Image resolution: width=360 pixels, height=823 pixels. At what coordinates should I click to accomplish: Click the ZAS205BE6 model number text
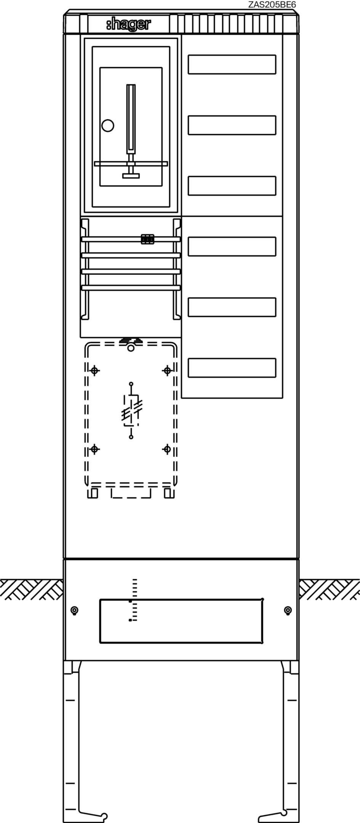point(272,4)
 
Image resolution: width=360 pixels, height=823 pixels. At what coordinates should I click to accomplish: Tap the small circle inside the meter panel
point(108,125)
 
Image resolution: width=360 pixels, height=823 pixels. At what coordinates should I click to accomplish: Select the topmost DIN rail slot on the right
point(232,64)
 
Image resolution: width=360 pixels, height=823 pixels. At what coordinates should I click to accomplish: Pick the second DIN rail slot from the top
point(232,125)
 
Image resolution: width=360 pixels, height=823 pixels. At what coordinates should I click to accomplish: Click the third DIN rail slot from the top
point(232,186)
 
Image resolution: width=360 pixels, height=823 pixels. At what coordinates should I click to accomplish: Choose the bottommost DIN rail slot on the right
point(232,368)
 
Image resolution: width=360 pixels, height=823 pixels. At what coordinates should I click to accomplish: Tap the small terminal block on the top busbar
point(147,239)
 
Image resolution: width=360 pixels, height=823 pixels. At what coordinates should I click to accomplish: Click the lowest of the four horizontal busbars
point(131,288)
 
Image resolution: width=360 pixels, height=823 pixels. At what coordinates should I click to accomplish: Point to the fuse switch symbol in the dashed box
point(131,411)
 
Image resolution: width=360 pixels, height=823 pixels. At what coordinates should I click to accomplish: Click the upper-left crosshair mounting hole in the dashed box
point(95,370)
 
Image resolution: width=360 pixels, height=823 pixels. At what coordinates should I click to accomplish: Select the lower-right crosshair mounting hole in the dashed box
point(167,449)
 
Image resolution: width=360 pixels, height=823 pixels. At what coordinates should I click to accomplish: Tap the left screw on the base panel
point(75,610)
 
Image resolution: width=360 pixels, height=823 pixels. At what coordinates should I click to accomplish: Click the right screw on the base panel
point(288,610)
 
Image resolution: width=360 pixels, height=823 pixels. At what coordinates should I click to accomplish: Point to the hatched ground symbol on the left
point(32,589)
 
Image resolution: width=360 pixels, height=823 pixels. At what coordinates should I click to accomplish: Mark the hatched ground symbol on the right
point(329,589)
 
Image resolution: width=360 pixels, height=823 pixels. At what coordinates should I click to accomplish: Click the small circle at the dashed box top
point(131,348)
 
